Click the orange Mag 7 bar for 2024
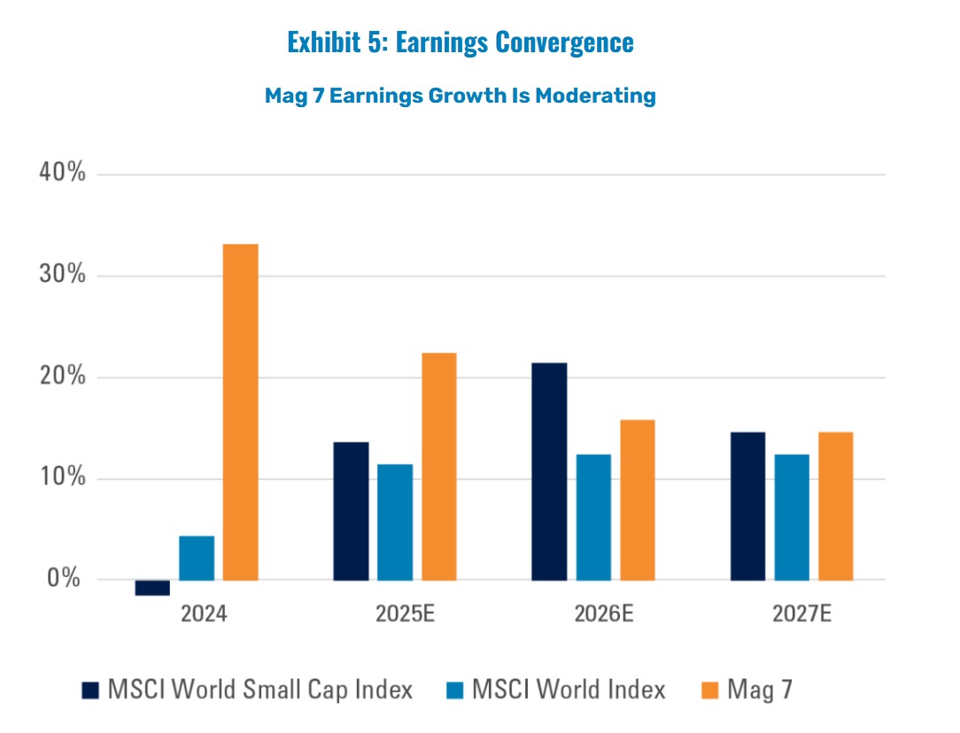tap(240, 412)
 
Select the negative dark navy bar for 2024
tap(152, 588)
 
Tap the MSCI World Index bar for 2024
tap(197, 558)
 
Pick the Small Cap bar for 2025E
tap(351, 511)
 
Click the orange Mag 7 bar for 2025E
tap(439, 467)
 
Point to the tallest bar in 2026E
tap(549, 471)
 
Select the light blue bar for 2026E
tap(593, 517)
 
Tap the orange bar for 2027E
tap(835, 506)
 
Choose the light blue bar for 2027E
tap(791, 517)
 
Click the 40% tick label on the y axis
tap(62, 174)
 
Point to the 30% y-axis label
tap(62, 275)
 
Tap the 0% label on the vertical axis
tap(67, 580)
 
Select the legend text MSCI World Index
tap(569, 690)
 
